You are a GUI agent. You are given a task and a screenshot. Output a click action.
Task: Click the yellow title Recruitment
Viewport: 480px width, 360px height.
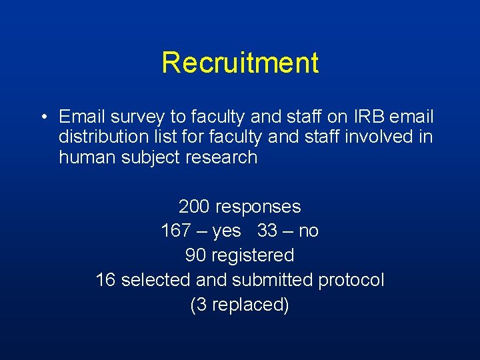pos(240,63)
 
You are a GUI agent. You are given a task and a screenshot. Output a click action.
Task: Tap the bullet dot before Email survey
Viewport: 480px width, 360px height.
pos(42,118)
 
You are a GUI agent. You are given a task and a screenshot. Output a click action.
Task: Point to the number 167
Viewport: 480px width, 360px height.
pos(177,231)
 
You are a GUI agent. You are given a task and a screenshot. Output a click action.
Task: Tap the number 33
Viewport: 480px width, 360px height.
pos(267,231)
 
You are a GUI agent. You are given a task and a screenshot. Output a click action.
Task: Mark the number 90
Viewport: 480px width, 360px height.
pos(195,255)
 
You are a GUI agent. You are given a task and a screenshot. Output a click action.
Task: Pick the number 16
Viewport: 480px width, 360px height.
pos(105,280)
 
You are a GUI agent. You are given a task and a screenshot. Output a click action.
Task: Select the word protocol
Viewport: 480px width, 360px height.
pos(351,280)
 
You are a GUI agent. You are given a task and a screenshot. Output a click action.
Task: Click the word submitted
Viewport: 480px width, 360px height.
pos(272,280)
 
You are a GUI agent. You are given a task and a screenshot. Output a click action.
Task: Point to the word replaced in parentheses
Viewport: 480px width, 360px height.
pos(244,305)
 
